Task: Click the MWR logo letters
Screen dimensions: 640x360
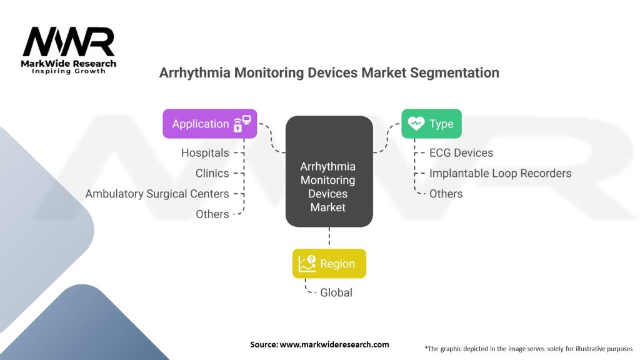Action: tap(69, 42)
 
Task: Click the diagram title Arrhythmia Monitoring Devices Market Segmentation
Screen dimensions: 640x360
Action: tap(329, 72)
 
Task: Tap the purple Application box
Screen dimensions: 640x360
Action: tap(209, 124)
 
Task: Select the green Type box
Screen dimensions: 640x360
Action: tap(431, 124)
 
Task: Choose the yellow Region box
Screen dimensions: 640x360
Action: tap(329, 264)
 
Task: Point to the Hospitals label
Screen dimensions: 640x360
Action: tap(205, 152)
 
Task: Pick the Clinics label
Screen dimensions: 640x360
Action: tap(212, 173)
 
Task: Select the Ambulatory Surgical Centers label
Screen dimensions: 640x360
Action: tap(157, 194)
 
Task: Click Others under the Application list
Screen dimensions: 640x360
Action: tap(212, 214)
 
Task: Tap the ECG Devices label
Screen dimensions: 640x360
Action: tap(461, 152)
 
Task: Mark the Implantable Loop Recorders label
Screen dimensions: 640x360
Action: tap(500, 173)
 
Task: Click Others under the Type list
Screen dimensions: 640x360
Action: tap(446, 194)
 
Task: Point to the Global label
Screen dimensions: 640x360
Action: tap(336, 292)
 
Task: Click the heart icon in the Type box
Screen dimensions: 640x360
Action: tap(416, 124)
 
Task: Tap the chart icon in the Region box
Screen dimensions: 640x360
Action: tap(307, 264)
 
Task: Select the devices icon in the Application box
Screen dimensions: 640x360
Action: tap(242, 124)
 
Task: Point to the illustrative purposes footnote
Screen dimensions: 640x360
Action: tap(528, 348)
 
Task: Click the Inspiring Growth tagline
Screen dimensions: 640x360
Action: tap(69, 71)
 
